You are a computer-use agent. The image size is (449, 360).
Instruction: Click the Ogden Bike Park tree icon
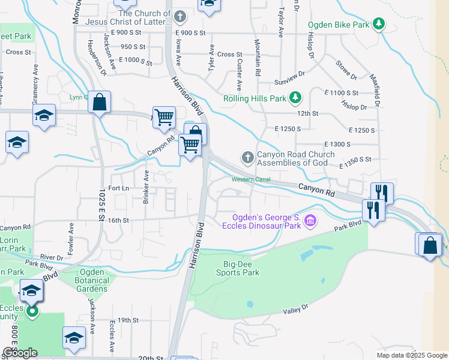pos(378,24)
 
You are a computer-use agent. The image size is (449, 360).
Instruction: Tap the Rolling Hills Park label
pos(254,98)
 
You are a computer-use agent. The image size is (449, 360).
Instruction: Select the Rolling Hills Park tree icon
pos(295,97)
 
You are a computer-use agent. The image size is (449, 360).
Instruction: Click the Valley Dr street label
pos(295,308)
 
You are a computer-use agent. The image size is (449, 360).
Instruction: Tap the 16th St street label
pos(118,220)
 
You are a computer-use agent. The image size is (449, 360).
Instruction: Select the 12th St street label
pos(307,113)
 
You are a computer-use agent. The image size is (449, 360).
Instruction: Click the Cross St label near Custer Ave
pos(230,55)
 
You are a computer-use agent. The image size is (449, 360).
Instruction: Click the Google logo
pos(20,353)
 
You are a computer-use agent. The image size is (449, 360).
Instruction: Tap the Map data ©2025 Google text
pos(411,355)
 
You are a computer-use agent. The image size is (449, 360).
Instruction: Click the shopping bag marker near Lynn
pos(100,103)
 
